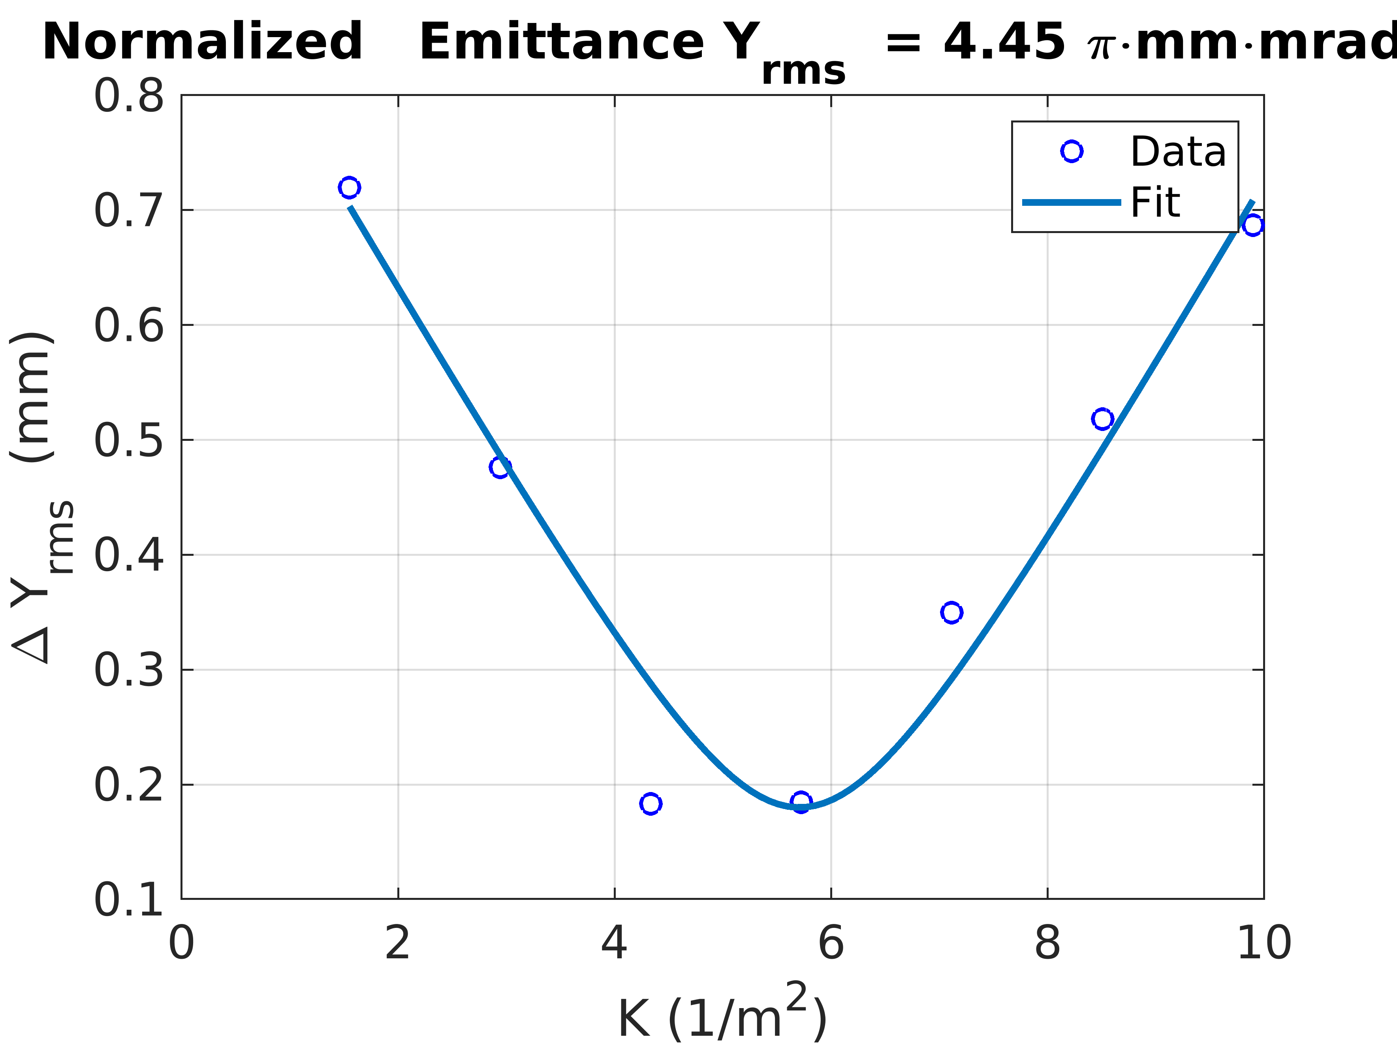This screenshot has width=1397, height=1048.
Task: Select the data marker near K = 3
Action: pos(500,467)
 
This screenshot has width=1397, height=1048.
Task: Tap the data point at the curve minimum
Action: pos(801,802)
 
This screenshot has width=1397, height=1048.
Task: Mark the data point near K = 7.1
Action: pos(951,612)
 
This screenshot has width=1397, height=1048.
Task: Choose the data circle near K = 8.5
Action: pos(1102,419)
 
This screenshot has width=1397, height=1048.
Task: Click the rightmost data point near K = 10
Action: pos(1253,225)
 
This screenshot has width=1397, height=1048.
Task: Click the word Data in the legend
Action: pos(1178,152)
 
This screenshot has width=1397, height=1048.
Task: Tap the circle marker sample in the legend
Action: pos(1072,152)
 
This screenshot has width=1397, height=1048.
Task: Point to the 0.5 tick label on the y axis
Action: pos(129,440)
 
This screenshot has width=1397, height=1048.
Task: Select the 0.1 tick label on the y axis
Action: pos(129,899)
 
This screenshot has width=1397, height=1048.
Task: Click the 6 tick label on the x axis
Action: pos(831,944)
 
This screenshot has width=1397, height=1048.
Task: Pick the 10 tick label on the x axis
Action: pos(1264,944)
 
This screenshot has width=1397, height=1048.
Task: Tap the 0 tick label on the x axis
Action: pos(181,944)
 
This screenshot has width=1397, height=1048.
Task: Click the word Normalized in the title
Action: pos(202,42)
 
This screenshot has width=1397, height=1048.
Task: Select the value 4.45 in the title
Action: pos(1004,42)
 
